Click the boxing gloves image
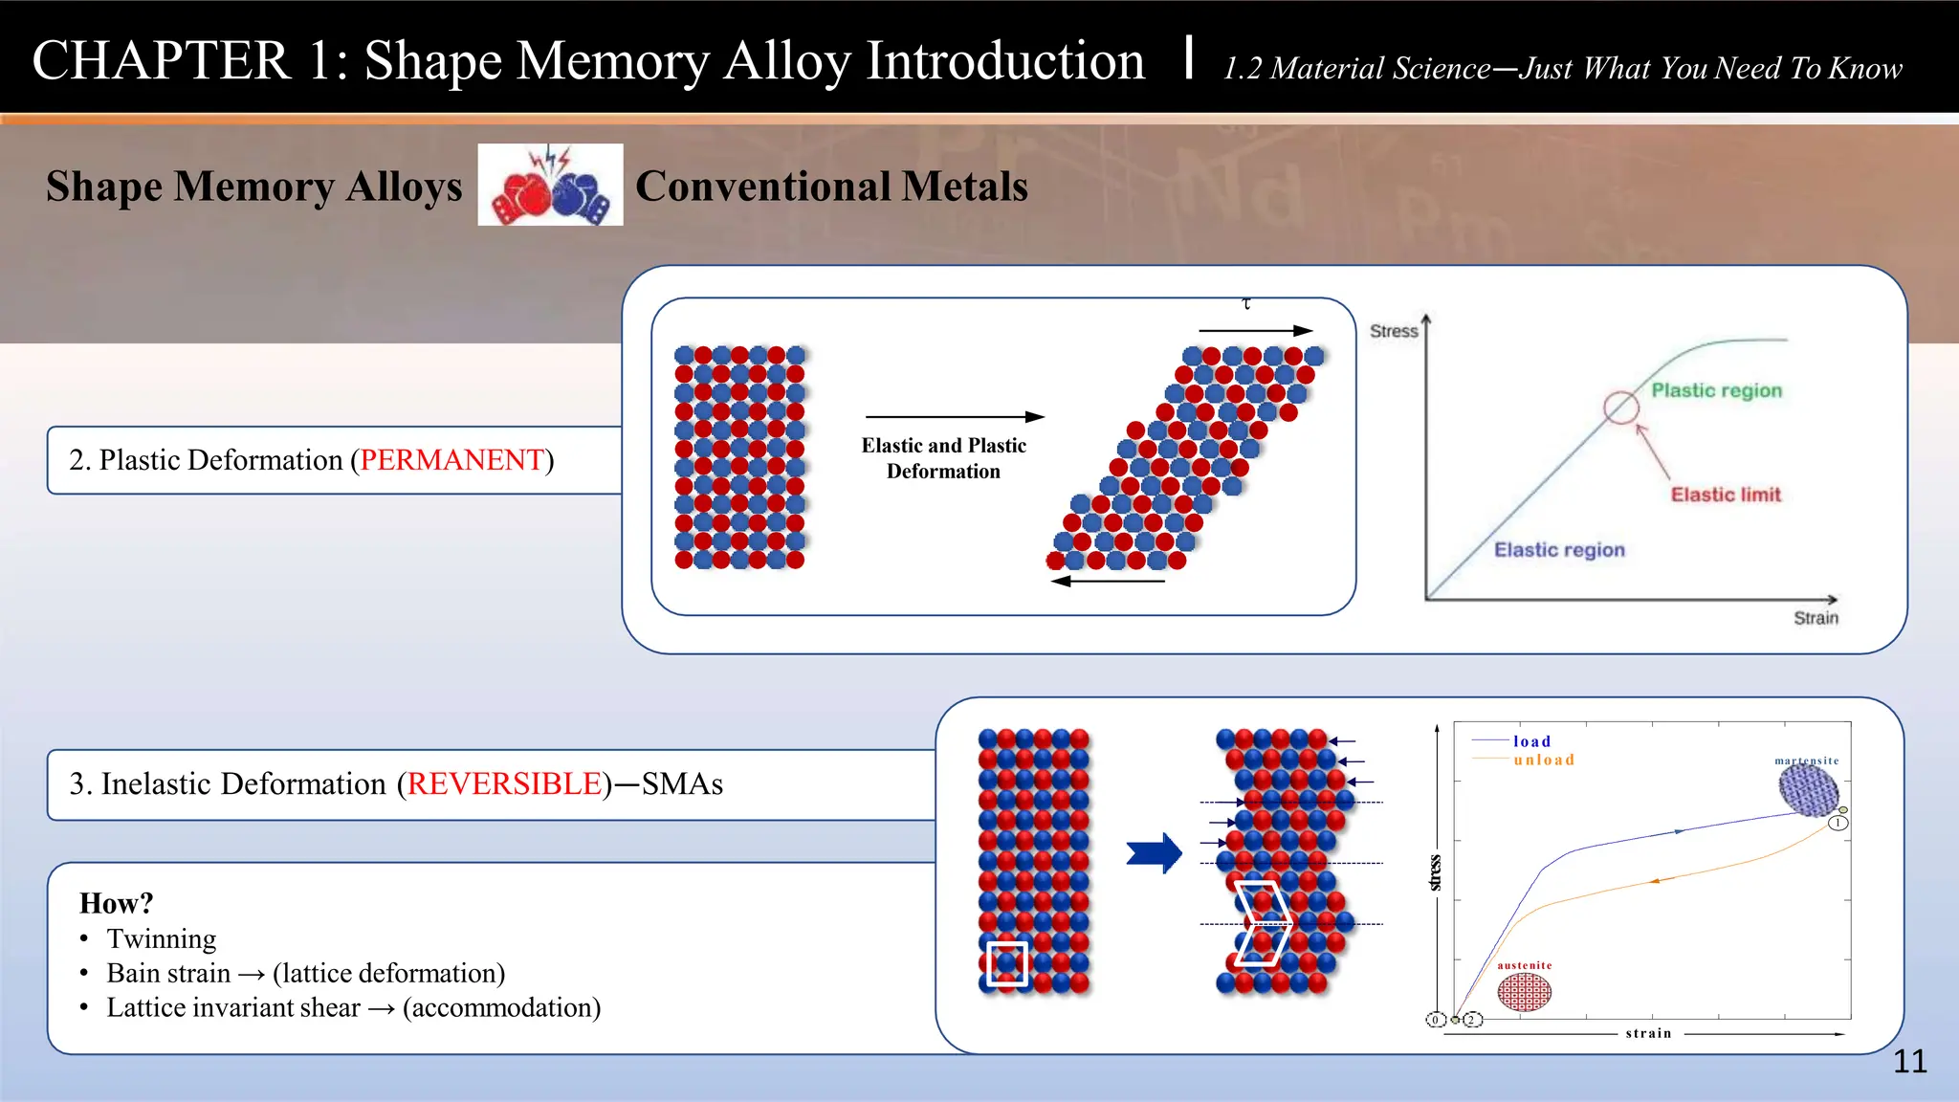click(x=550, y=186)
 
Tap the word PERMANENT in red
click(x=451, y=460)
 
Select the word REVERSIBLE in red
click(x=504, y=783)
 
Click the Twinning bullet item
click(x=161, y=938)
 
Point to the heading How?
click(x=116, y=903)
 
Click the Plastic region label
click(x=1716, y=390)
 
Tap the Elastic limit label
click(x=1726, y=495)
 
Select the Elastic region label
click(x=1559, y=550)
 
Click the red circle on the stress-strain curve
click(x=1620, y=408)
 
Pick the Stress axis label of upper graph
click(x=1393, y=331)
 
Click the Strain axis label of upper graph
click(x=1816, y=618)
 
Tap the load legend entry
click(x=1531, y=741)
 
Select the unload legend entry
click(x=1543, y=760)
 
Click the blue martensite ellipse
click(x=1808, y=790)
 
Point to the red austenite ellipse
click(x=1524, y=992)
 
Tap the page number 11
click(x=1909, y=1061)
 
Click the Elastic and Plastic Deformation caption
click(x=943, y=458)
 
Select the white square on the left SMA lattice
click(x=1006, y=963)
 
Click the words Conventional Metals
click(x=831, y=186)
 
